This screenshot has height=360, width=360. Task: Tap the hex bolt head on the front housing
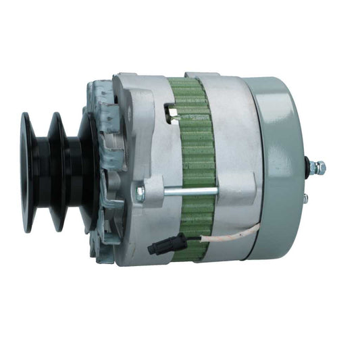(140, 195)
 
